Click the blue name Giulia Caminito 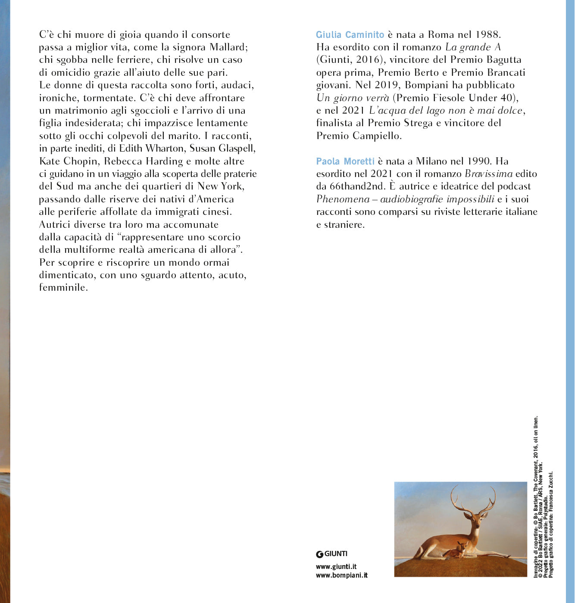click(x=350, y=35)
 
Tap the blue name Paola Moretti click(x=345, y=162)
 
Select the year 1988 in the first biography click(x=487, y=35)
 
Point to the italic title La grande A click(x=473, y=47)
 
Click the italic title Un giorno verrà click(x=353, y=98)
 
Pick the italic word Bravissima click(x=489, y=174)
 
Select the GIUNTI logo click(x=331, y=554)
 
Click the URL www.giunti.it click(x=336, y=567)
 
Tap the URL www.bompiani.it click(x=341, y=575)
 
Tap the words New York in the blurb click(x=220, y=186)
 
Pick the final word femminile click(x=63, y=288)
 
